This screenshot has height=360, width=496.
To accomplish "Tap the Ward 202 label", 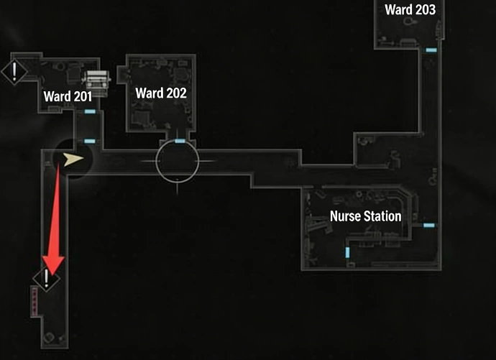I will pyautogui.click(x=160, y=93).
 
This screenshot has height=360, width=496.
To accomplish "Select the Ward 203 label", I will pyautogui.click(x=410, y=10).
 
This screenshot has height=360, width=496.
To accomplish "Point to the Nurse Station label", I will pyautogui.click(x=365, y=216).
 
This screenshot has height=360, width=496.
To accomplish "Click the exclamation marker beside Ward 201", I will pyautogui.click(x=14, y=70).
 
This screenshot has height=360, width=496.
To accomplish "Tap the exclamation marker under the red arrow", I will pyautogui.click(x=46, y=279).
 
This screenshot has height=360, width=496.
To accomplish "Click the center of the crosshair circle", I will pyautogui.click(x=177, y=161).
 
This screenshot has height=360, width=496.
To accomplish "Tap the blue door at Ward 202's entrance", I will pyautogui.click(x=180, y=141).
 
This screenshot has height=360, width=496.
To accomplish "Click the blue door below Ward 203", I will pyautogui.click(x=431, y=50).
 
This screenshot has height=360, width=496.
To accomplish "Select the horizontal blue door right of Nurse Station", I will pyautogui.click(x=429, y=226).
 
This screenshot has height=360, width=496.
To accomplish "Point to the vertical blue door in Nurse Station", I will pyautogui.click(x=348, y=252).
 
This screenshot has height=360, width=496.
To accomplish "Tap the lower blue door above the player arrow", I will pyautogui.click(x=90, y=141).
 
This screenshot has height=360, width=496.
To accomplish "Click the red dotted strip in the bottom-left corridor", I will pyautogui.click(x=33, y=301).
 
